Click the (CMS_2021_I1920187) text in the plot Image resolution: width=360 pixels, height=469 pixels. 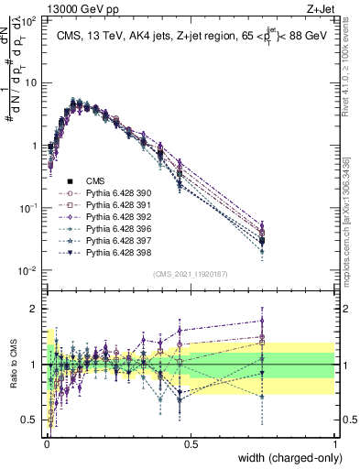coord(191,274)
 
